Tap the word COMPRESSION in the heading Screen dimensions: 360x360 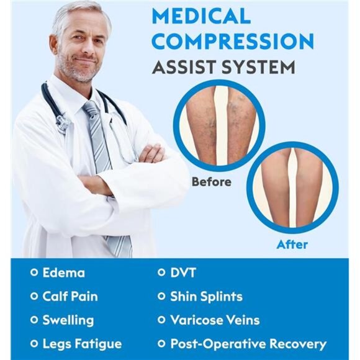point(233,40)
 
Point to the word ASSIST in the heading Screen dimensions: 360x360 point(187,66)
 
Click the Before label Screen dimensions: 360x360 point(211,182)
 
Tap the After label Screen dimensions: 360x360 point(292,245)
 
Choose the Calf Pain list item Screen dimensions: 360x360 point(70,296)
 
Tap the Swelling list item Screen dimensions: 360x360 point(68,320)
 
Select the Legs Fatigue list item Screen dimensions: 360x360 point(81,344)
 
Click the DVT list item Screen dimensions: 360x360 point(184,272)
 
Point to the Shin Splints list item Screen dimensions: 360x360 point(206,296)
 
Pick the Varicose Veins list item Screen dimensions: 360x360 point(215,320)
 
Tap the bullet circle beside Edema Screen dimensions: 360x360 point(34,273)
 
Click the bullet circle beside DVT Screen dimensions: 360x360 point(161,273)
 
